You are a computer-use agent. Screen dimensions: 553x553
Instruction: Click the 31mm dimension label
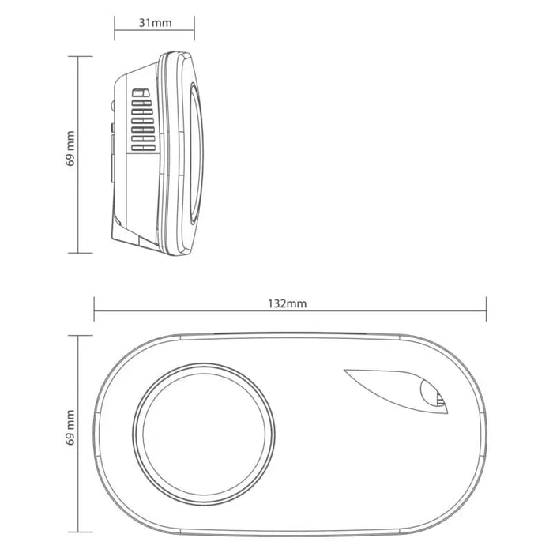point(155,22)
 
